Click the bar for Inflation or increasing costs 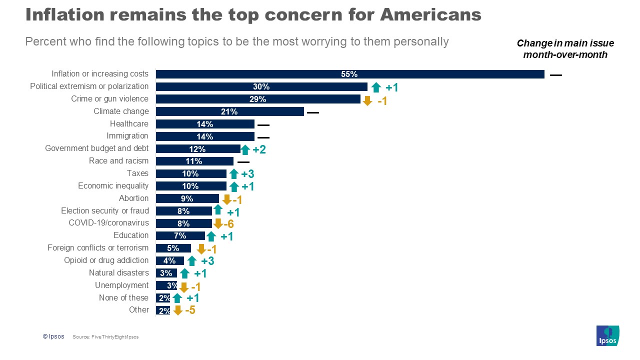tap(350, 74)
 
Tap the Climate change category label tap(121, 111)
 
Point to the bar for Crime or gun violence tap(258, 99)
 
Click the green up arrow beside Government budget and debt tap(245, 149)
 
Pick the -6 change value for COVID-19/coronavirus tap(228, 224)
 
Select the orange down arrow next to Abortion tap(226, 199)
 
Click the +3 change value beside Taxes tap(248, 174)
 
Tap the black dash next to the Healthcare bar tap(263, 125)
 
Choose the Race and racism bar tap(194, 161)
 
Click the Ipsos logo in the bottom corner tap(607, 335)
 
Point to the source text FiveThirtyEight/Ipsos tap(105, 337)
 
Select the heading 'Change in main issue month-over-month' tap(565, 49)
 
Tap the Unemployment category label tap(122, 285)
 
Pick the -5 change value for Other tap(190, 310)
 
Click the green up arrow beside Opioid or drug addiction tap(191, 261)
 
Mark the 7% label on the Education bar tap(180, 235)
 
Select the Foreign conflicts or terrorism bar tap(173, 248)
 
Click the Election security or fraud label tap(105, 210)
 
